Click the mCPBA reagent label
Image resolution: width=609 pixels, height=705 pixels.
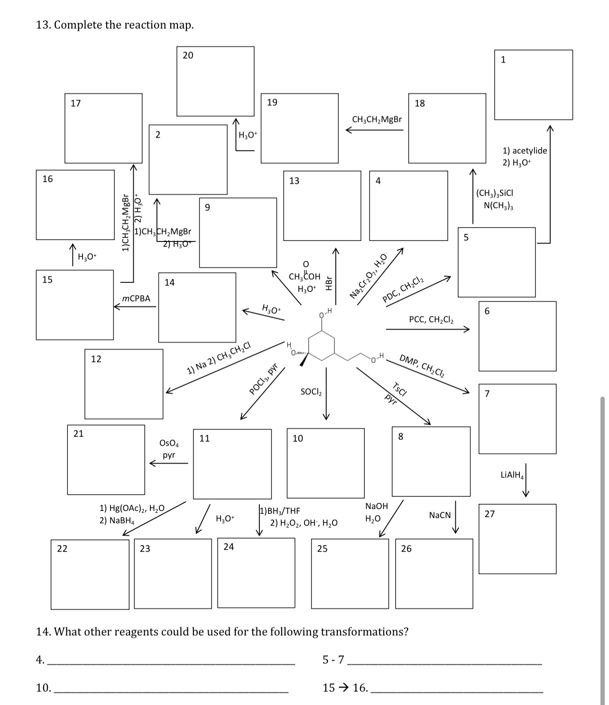136,298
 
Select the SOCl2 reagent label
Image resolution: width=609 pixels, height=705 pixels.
311,392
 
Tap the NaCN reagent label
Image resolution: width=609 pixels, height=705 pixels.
440,515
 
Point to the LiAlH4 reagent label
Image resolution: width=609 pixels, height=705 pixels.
512,474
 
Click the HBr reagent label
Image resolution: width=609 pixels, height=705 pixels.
328,283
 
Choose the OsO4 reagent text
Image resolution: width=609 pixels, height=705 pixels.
169,443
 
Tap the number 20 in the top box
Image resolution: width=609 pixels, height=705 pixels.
188,56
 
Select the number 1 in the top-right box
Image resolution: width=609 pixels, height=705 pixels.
503,60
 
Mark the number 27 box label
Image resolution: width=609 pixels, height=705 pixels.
489,514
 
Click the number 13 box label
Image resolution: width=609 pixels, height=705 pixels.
294,181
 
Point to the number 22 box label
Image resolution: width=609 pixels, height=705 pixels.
62,549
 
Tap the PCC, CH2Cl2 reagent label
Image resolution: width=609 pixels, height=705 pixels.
431,320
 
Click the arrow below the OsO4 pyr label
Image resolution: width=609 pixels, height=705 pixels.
169,464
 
